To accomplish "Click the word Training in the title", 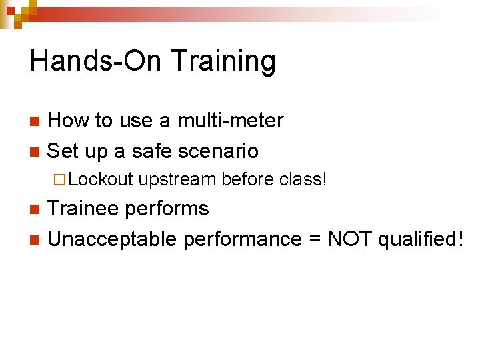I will tap(223, 61).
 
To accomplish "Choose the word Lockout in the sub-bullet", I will tap(101, 179).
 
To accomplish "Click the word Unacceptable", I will tap(113, 239).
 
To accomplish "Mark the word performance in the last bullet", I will tap(241, 239).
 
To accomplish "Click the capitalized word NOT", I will tap(349, 239).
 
